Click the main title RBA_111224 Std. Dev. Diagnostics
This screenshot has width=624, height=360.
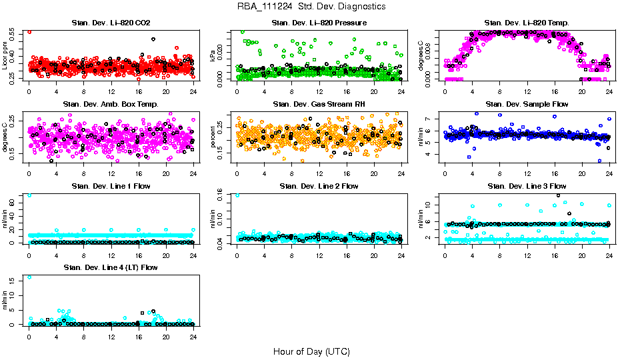[x=311, y=6]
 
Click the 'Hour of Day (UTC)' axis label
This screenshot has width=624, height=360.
[x=311, y=351]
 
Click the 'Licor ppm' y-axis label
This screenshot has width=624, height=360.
[x=5, y=56]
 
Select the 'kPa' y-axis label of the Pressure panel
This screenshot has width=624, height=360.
[x=213, y=56]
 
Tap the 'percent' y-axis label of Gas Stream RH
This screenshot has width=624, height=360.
[x=213, y=137]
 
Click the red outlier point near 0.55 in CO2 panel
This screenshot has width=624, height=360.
[x=29, y=31]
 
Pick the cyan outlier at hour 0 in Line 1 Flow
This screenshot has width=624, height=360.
[x=29, y=195]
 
